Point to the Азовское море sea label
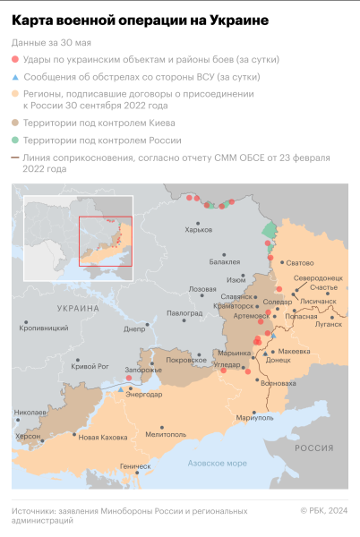[x=217, y=463]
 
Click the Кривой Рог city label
[x=90, y=367]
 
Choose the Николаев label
[x=30, y=413]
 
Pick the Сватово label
[x=299, y=262]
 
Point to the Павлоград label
[x=184, y=313]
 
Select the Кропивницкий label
[x=44, y=328]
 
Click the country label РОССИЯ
[x=314, y=447]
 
